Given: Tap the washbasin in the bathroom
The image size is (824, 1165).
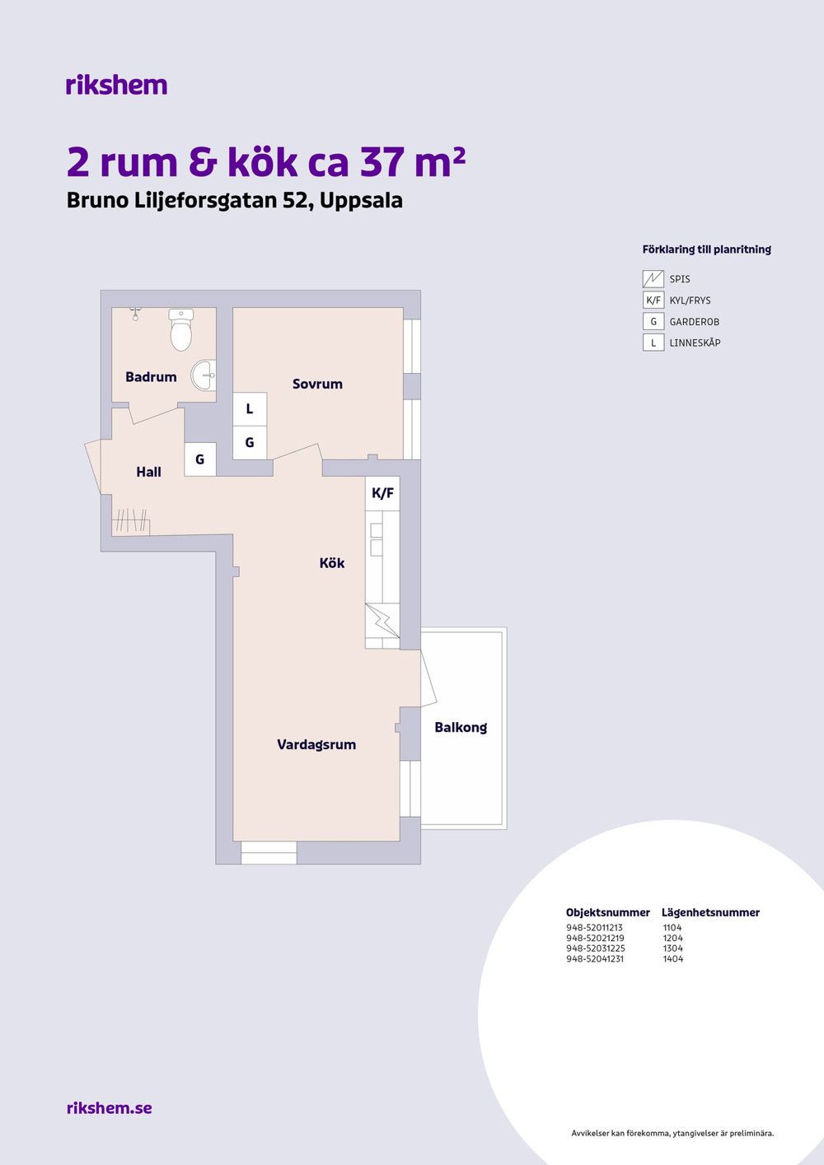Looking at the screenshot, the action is (x=204, y=375).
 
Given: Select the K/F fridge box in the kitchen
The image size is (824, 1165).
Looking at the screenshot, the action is (x=382, y=493).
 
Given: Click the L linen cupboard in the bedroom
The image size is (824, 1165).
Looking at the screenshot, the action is (x=250, y=409).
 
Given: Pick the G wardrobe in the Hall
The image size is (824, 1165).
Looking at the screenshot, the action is (x=200, y=459).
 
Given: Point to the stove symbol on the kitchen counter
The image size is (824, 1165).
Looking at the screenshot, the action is (x=382, y=621).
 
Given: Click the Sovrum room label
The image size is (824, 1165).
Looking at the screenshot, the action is (x=317, y=384).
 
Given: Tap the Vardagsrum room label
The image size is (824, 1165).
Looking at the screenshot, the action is (x=316, y=745).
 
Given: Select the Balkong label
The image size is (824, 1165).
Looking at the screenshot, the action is (x=461, y=728).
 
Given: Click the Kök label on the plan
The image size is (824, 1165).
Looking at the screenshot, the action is (x=332, y=562).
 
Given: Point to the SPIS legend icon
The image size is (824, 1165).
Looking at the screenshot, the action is (x=653, y=279).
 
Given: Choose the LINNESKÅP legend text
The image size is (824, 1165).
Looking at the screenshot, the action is (x=695, y=343).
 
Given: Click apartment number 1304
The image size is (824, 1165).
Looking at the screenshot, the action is (x=672, y=948).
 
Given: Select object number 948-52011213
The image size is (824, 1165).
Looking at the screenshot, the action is (x=594, y=927).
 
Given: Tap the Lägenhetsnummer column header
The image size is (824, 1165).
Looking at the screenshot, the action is (x=710, y=913).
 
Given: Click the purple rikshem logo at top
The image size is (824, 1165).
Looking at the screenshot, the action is (x=117, y=85).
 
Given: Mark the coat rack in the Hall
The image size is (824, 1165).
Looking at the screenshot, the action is (x=131, y=522).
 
